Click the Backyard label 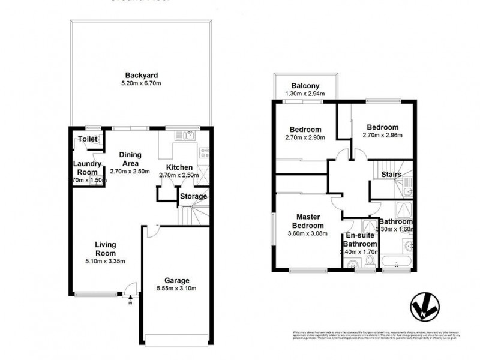click(141, 75)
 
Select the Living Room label click(104, 249)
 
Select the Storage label click(194, 196)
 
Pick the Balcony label click(305, 85)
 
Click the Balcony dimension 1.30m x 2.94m click(304, 94)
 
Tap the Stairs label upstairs click(391, 175)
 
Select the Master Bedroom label click(307, 220)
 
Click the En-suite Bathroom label click(360, 240)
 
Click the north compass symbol click(427, 308)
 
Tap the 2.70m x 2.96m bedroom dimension click(382, 136)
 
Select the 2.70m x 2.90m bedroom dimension click(305, 137)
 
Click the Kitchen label click(179, 167)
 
